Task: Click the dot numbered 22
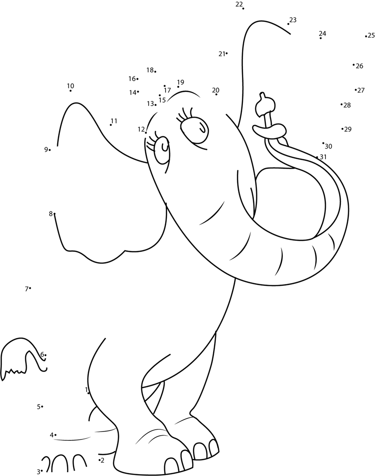(243, 8)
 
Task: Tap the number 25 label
(371, 35)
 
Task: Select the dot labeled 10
(70, 90)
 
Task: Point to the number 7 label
(26, 289)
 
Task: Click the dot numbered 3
(42, 470)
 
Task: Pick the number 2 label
(103, 461)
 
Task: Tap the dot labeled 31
(317, 157)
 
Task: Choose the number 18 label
(150, 70)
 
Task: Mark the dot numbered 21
(227, 53)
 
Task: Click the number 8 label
(50, 214)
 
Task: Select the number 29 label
(348, 129)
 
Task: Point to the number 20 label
(216, 90)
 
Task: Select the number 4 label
(52, 435)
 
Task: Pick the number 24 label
(322, 33)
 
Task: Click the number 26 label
(360, 66)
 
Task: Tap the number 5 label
(38, 407)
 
